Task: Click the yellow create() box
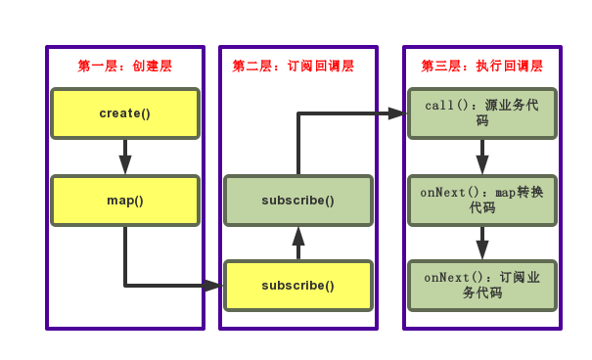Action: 125,113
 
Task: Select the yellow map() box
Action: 125,201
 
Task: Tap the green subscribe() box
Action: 298,201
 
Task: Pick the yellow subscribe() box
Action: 298,286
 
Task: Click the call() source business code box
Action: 482,113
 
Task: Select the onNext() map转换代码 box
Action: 482,201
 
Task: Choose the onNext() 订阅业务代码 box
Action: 482,286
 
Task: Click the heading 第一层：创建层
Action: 125,67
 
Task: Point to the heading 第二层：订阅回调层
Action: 294,67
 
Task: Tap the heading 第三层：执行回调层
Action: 482,67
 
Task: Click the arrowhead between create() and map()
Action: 125,164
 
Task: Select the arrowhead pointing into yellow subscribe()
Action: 213,286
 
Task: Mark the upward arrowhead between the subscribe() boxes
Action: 298,237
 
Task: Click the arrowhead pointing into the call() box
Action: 396,113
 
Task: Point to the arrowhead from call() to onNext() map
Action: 482,164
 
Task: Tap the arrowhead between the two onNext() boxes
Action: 482,249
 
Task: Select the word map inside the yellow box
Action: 120,201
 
